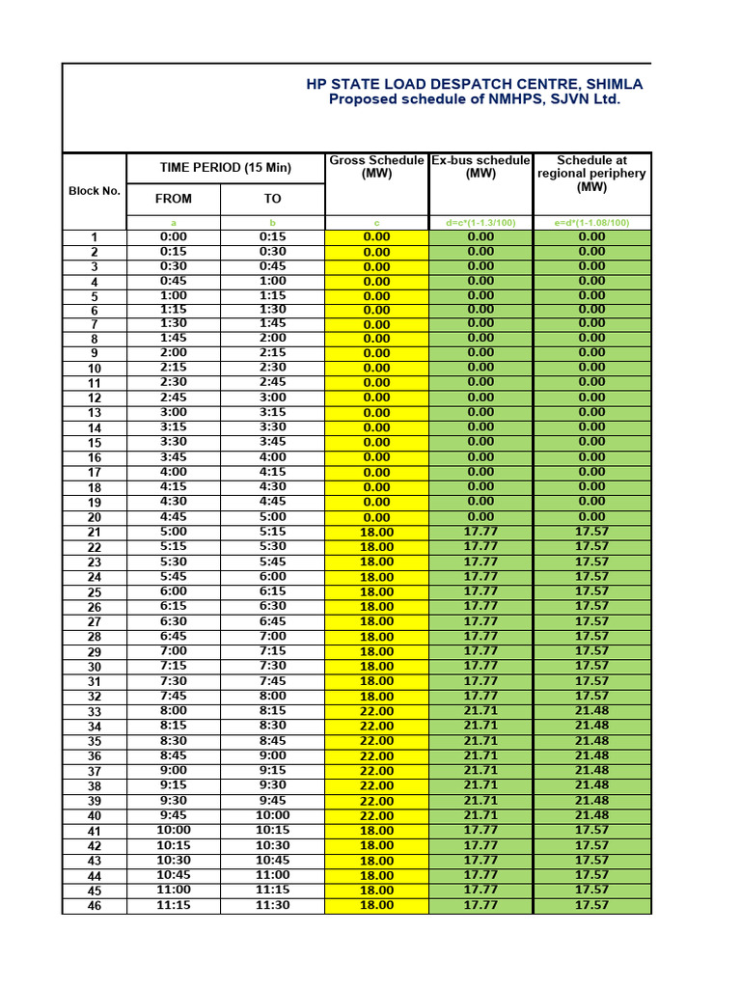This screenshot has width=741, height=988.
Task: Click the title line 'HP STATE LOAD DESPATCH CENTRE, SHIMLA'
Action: (x=474, y=84)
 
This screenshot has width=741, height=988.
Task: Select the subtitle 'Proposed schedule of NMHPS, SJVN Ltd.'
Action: (x=474, y=99)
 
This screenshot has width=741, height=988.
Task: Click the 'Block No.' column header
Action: (x=95, y=191)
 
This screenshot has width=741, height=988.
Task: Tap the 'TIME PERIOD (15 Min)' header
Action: (x=225, y=168)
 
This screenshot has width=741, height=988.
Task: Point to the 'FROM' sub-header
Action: (x=174, y=199)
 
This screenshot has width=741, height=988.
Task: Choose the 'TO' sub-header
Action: (x=273, y=199)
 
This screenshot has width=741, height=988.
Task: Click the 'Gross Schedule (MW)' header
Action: (x=376, y=167)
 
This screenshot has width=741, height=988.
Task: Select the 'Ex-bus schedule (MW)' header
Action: (x=480, y=167)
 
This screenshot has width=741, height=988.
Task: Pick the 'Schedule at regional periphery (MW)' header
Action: (x=592, y=174)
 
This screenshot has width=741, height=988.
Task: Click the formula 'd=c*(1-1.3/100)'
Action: (x=480, y=223)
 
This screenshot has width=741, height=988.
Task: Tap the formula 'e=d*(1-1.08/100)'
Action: (x=592, y=223)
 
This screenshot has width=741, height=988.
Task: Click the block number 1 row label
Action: (x=95, y=237)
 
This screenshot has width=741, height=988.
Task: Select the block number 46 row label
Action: (x=95, y=906)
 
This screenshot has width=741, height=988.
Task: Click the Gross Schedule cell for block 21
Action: (x=376, y=533)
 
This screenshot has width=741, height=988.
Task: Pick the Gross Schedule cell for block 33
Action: (x=376, y=711)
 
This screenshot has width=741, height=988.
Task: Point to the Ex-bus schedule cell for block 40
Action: (x=480, y=815)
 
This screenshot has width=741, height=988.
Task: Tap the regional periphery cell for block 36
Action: (x=592, y=755)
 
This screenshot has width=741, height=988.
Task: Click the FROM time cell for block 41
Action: (x=174, y=830)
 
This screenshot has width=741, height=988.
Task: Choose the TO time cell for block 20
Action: (x=273, y=517)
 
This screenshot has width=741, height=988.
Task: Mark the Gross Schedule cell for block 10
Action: (x=376, y=369)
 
